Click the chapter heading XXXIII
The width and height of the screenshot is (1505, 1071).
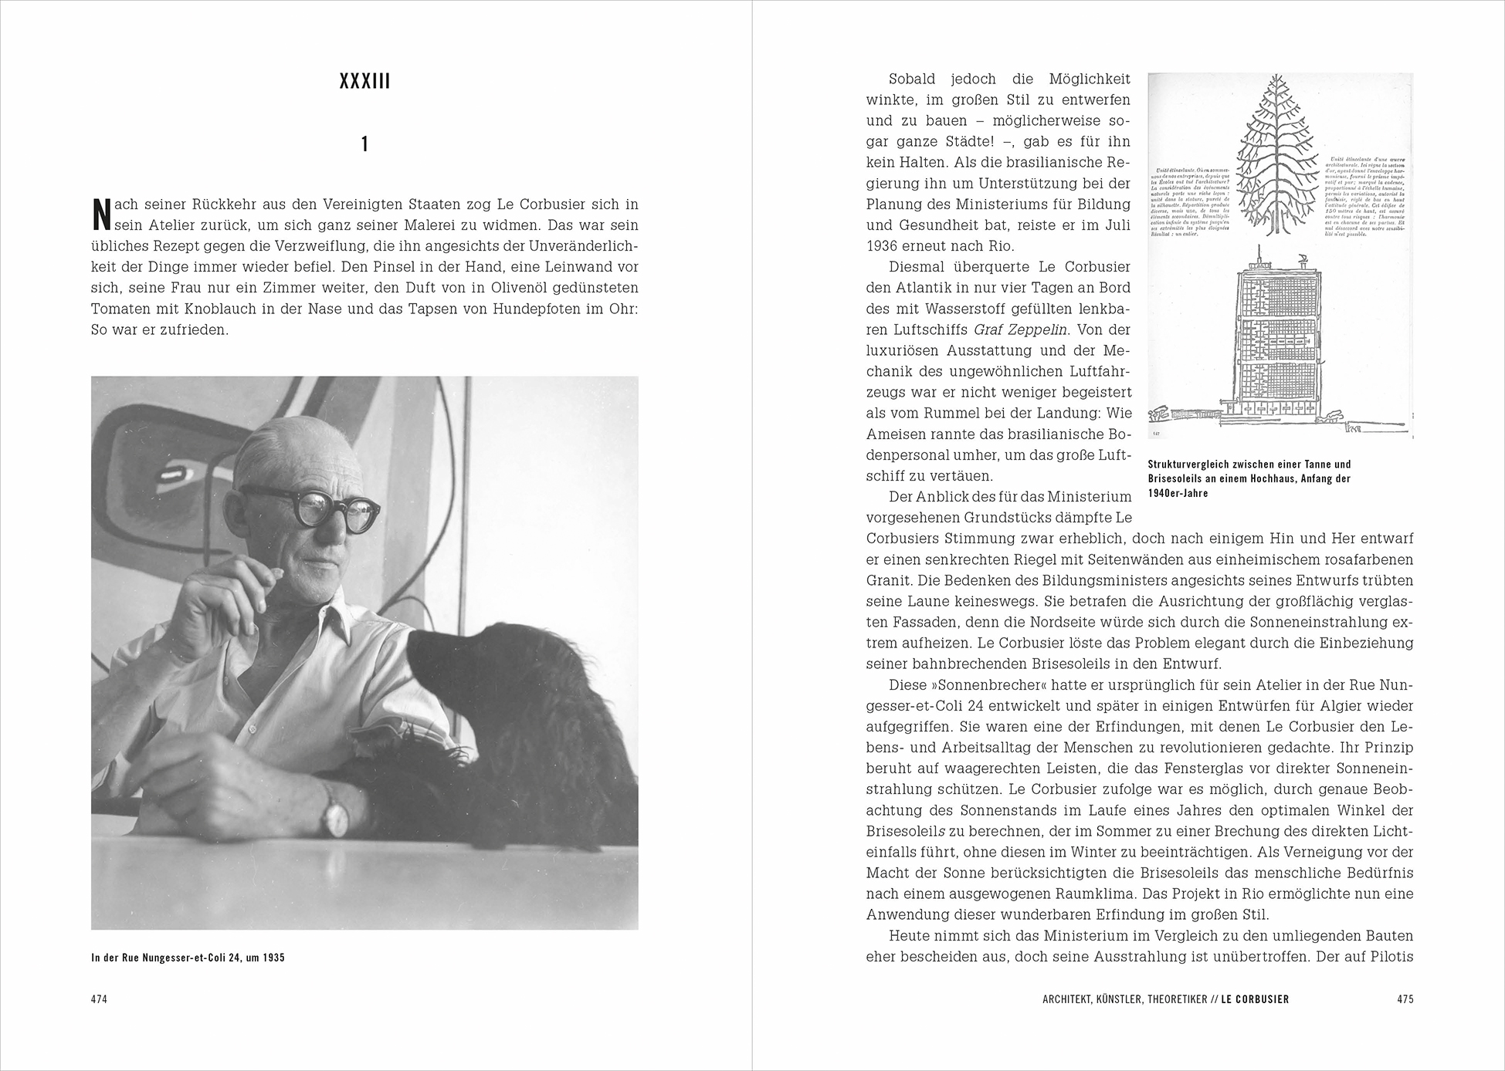364,82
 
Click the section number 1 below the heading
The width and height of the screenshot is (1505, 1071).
364,144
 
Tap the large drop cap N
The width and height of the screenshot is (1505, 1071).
100,215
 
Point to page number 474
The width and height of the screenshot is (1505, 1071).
99,999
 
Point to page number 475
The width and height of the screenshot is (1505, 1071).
1405,999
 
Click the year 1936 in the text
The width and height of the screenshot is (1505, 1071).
883,247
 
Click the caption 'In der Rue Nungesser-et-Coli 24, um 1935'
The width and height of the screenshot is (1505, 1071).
188,958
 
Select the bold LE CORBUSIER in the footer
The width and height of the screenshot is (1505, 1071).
1255,999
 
